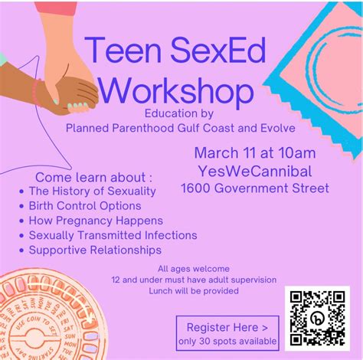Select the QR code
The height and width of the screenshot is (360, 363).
click(x=316, y=316)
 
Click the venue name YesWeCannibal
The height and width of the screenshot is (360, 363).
click(x=255, y=170)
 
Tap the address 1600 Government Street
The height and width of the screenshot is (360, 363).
click(x=255, y=188)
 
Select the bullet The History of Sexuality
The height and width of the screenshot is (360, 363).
click(x=92, y=191)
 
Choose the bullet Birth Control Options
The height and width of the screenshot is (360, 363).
click(x=84, y=205)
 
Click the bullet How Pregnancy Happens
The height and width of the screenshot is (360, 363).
click(x=88, y=221)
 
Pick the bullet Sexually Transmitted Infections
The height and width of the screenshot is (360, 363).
click(x=113, y=235)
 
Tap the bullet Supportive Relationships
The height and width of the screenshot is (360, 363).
click(x=95, y=250)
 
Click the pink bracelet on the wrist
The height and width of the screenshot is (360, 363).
click(x=36, y=92)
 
